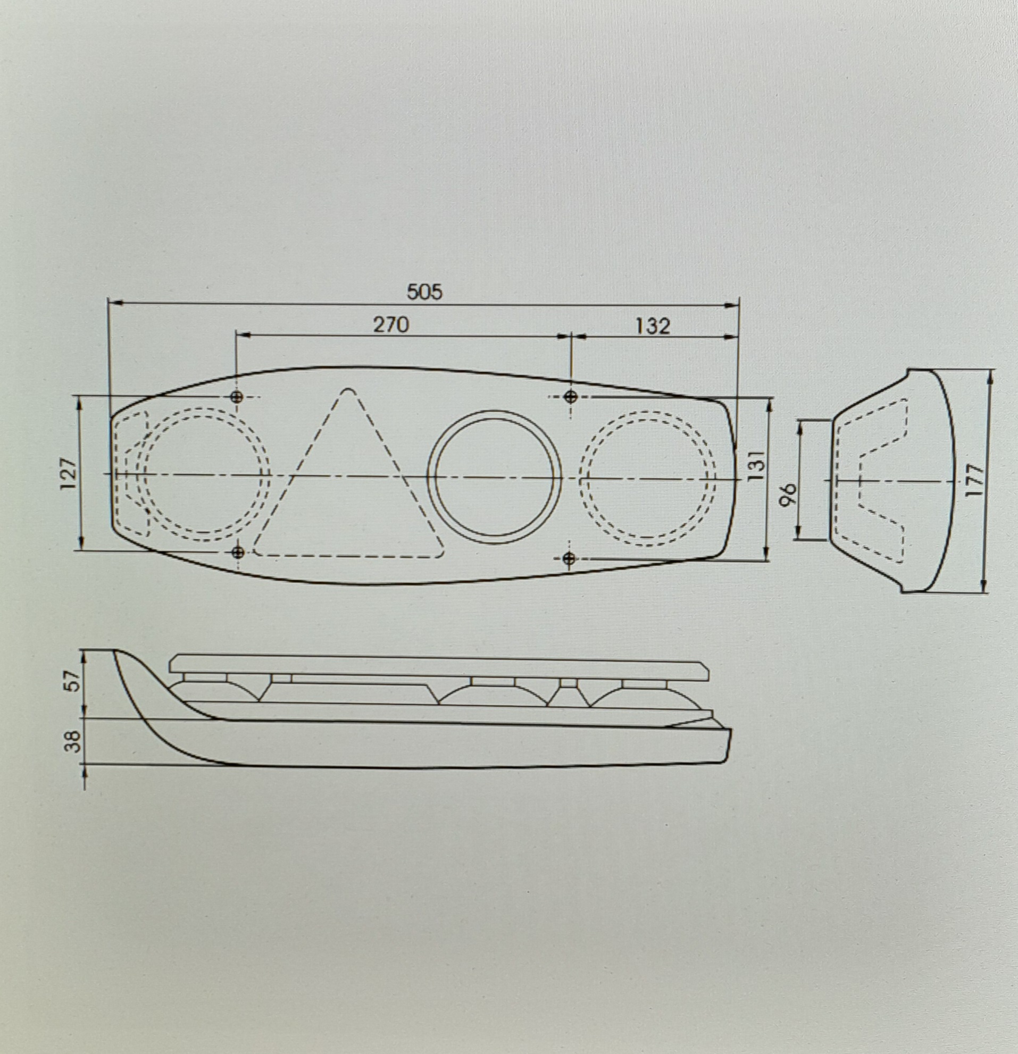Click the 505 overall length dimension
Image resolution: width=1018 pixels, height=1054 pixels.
coord(424,292)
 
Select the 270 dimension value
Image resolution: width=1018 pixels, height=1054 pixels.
coord(391,325)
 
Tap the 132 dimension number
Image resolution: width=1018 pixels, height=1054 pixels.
coord(653,326)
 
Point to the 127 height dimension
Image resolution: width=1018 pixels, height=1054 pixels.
coord(69,473)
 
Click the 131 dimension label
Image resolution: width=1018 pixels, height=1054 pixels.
coord(755,466)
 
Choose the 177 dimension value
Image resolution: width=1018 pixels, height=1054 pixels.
coord(974,480)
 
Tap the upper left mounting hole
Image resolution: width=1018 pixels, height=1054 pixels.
coord(237,397)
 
